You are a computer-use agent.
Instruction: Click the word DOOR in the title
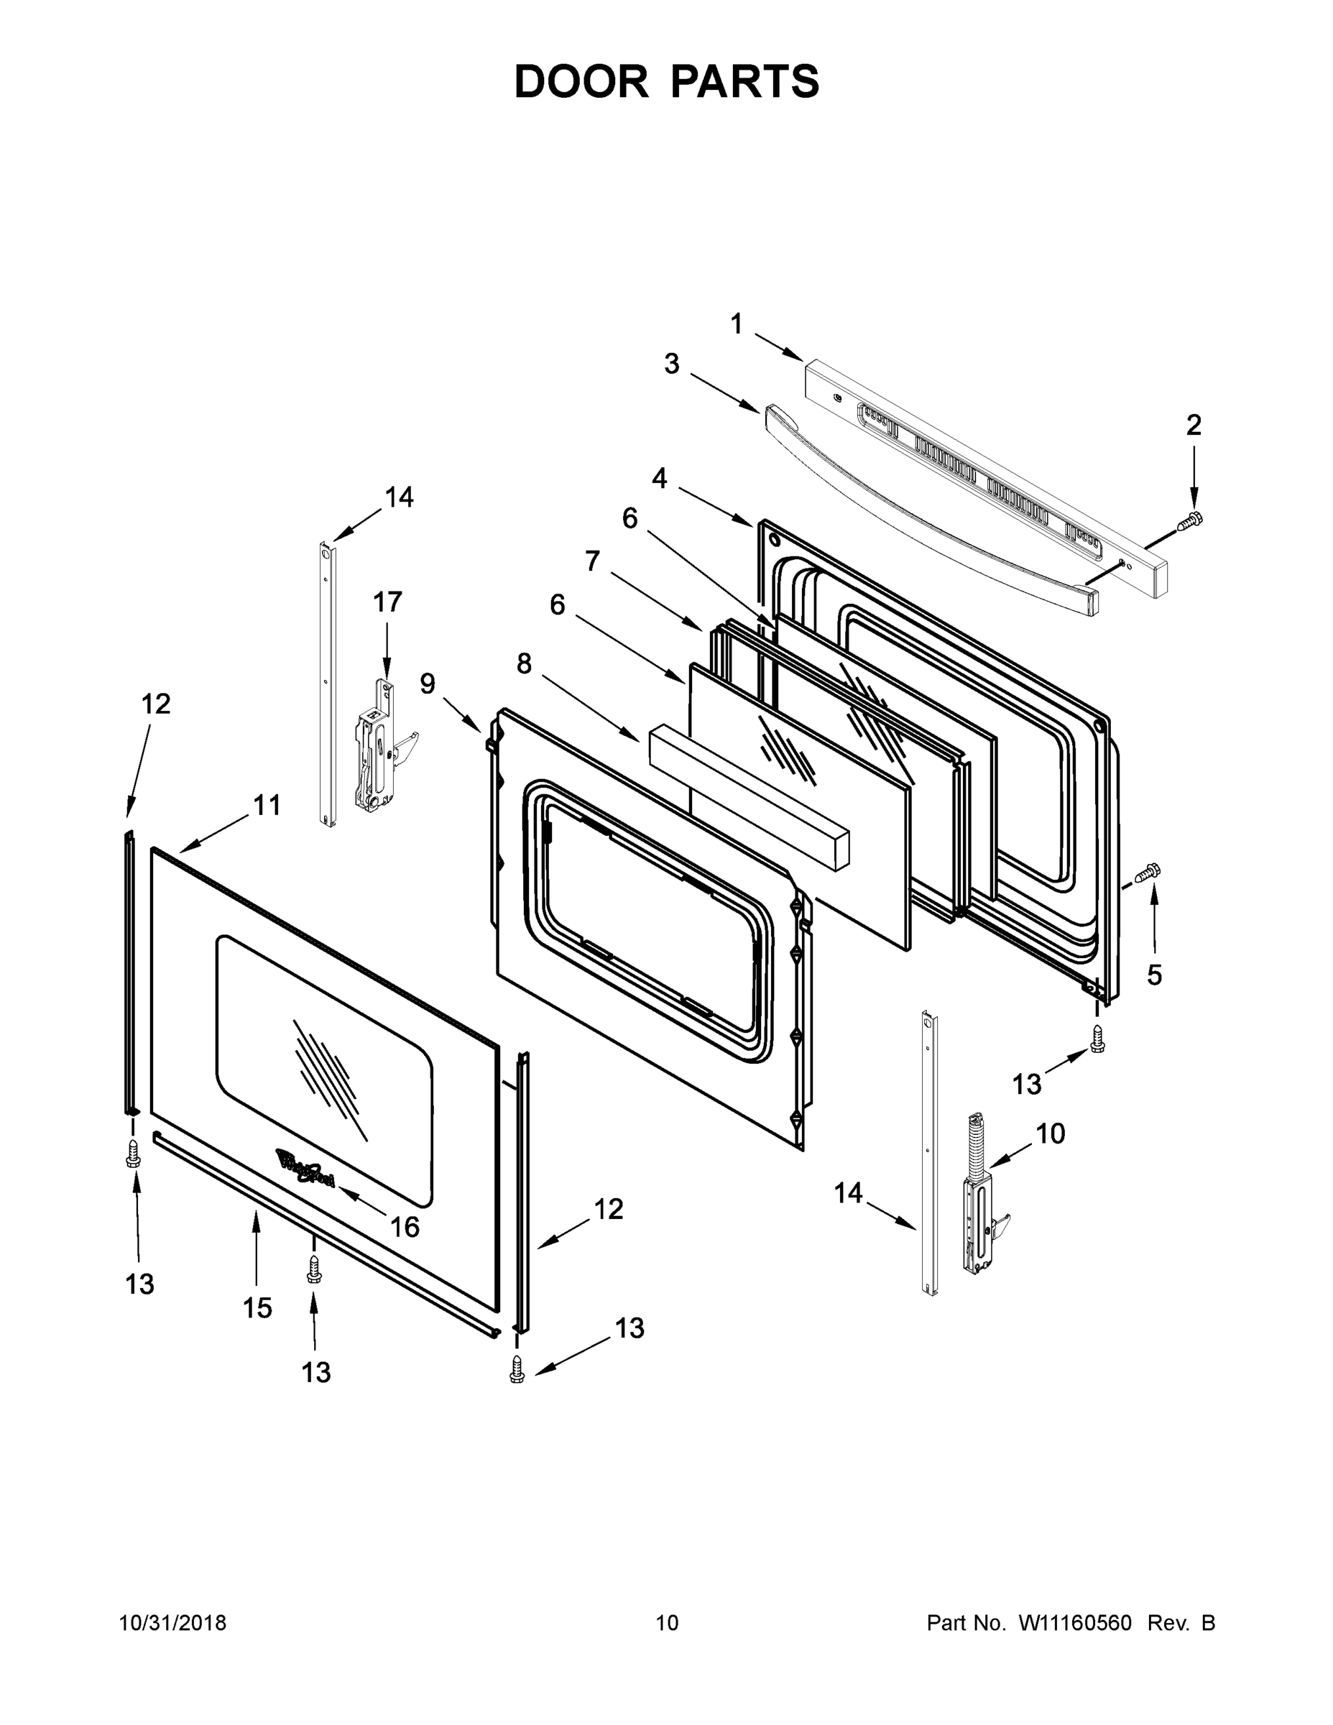pyautogui.click(x=581, y=82)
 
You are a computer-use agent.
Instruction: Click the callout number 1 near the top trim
pyautogui.click(x=736, y=324)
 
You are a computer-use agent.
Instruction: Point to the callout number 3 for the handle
pyautogui.click(x=671, y=364)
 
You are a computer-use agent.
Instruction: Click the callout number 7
pyautogui.click(x=592, y=561)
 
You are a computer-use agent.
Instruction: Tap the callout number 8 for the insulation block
pyautogui.click(x=524, y=664)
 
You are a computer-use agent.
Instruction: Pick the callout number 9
pyautogui.click(x=428, y=684)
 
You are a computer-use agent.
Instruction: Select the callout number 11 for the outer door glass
pyautogui.click(x=267, y=806)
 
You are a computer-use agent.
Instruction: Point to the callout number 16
pyautogui.click(x=405, y=1227)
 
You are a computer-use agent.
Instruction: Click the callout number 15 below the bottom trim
pyautogui.click(x=257, y=1308)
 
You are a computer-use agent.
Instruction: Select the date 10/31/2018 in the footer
pyautogui.click(x=172, y=1623)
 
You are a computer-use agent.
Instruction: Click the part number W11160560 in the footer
pyautogui.click(x=1075, y=1623)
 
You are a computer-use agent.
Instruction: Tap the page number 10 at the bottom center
pyautogui.click(x=667, y=1623)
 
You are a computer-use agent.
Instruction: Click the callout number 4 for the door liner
pyautogui.click(x=660, y=478)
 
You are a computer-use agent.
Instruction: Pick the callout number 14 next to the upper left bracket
pyautogui.click(x=399, y=497)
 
